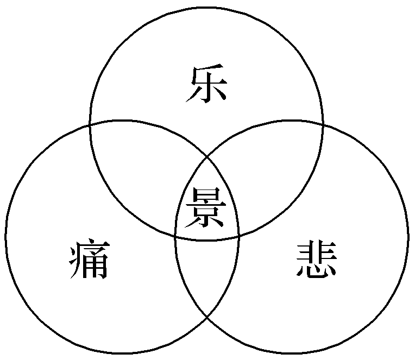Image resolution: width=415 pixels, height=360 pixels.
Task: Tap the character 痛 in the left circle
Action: pyautogui.click(x=90, y=261)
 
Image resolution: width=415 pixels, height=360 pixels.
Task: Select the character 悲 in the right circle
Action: pyautogui.click(x=318, y=261)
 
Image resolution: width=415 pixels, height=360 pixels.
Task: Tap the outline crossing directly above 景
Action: pyautogui.click(x=207, y=157)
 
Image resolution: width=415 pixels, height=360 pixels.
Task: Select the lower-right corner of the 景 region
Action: pyautogui.click(x=239, y=236)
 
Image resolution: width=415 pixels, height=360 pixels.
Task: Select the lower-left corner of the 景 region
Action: pyautogui.click(x=175, y=236)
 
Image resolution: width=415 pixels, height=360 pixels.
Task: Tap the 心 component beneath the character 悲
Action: pyautogui.click(x=318, y=271)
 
